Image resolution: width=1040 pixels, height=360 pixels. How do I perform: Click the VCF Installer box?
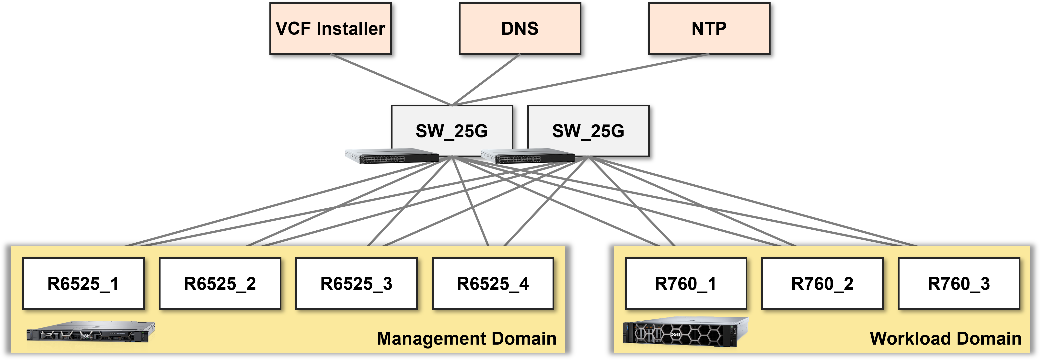point(330,29)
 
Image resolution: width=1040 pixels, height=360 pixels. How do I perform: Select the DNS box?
point(520,29)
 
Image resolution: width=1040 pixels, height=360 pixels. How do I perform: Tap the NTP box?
point(709,29)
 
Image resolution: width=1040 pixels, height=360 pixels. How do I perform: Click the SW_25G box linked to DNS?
point(452,130)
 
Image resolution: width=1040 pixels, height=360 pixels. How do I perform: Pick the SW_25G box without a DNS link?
point(588,130)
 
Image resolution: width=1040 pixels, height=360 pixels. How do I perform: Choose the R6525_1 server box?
point(83,283)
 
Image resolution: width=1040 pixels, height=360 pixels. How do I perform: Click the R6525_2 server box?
point(220,283)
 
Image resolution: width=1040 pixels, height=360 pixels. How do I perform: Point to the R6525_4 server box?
point(493,283)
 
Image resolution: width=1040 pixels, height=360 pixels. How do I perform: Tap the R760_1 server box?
point(685,283)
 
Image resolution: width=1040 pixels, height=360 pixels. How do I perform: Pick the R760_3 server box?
point(959,283)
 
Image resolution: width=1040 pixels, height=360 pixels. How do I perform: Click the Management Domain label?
point(466,338)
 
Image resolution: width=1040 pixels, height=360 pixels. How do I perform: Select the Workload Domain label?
point(946,338)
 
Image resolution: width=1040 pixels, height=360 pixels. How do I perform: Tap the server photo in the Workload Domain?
point(685,332)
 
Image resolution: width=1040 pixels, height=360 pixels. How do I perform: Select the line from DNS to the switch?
point(486,79)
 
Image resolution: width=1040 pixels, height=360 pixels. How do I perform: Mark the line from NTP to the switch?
point(581,79)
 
